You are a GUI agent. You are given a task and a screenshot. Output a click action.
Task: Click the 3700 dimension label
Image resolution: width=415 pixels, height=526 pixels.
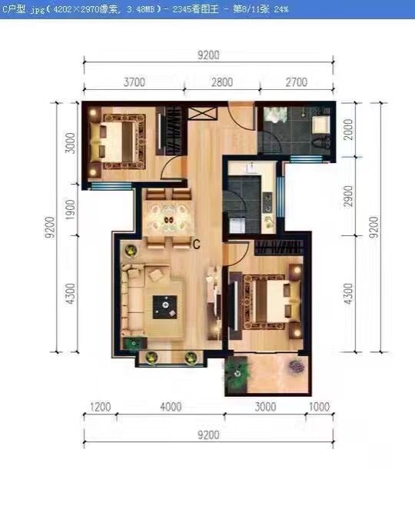tap(134, 82)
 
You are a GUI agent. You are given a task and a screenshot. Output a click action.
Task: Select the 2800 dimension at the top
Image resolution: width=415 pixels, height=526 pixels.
tap(222, 82)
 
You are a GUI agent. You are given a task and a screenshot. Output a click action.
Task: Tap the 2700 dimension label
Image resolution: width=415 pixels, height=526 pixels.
tap(297, 82)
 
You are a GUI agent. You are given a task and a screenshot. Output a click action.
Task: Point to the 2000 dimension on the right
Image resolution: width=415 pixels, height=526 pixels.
tap(349, 129)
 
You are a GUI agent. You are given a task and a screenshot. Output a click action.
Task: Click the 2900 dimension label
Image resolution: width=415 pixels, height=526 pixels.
tap(349, 196)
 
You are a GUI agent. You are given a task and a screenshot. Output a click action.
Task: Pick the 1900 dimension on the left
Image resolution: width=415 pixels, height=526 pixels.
tap(71, 210)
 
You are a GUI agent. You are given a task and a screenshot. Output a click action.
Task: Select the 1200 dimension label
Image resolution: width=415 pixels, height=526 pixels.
tap(101, 407)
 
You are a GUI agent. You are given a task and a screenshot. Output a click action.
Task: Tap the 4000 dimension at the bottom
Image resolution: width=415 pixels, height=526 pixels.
tap(171, 407)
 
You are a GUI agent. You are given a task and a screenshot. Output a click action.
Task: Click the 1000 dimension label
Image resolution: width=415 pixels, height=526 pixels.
tap(319, 407)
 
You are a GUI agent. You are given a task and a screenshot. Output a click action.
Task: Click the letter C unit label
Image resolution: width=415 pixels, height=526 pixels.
tap(196, 245)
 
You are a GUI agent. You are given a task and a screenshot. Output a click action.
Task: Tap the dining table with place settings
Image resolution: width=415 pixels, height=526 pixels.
tap(168, 219)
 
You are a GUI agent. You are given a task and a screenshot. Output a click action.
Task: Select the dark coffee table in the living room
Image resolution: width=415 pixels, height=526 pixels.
tap(165, 307)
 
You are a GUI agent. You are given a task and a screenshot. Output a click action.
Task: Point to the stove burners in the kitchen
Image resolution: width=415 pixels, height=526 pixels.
tap(268, 202)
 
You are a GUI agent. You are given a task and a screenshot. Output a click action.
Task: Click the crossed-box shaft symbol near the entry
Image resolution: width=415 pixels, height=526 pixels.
tap(201, 113)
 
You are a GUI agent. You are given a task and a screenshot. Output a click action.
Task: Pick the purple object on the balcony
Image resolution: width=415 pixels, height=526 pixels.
tap(297, 366)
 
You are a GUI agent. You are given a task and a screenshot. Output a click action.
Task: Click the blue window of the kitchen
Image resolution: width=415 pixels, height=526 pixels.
tap(280, 197)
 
